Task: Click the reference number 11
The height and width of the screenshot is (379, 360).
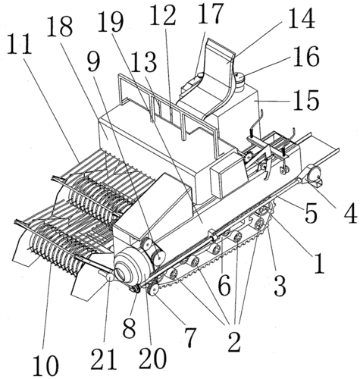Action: pyautogui.click(x=20, y=45)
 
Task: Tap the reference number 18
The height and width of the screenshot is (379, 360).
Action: pyautogui.click(x=60, y=27)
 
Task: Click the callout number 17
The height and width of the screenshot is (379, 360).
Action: pyautogui.click(x=210, y=13)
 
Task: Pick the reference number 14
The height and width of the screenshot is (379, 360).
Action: pyautogui.click(x=301, y=18)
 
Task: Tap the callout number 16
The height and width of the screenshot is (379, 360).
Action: pyautogui.click(x=306, y=56)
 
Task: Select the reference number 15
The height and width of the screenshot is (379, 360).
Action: pyautogui.click(x=306, y=99)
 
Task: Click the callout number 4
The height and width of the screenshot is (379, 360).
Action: pyautogui.click(x=349, y=212)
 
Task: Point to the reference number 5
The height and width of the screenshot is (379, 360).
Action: pyautogui.click(x=311, y=212)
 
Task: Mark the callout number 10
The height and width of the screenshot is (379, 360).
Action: pyautogui.click(x=45, y=365)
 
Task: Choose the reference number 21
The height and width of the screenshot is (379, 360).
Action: pyautogui.click(x=104, y=359)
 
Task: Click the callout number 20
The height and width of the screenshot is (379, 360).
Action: pyautogui.click(x=152, y=358)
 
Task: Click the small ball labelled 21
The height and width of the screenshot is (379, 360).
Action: pyautogui.click(x=110, y=277)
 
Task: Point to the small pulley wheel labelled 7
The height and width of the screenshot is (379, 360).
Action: pyautogui.click(x=153, y=289)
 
